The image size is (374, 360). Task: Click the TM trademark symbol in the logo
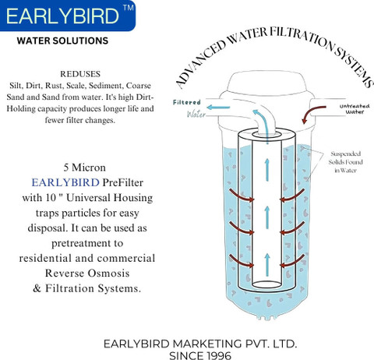pos(128,8)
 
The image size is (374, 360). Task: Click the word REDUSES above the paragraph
pos(80,74)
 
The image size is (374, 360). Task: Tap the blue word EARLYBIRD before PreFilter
pos(65,182)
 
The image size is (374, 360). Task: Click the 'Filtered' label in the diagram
pos(187,102)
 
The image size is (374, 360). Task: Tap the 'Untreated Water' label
pos(355,109)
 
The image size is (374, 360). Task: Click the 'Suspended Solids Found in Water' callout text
pos(345,162)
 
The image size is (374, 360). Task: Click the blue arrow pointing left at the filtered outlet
pos(218,107)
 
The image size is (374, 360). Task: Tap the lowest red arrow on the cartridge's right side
pos(292,261)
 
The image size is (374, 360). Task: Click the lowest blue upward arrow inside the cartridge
pos(267,264)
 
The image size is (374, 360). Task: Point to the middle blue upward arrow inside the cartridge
pos(267,217)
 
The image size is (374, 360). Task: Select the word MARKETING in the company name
pos(207,344)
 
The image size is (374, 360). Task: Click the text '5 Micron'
pos(85,168)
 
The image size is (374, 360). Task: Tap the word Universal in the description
pos(88,198)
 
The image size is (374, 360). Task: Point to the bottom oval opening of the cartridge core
pos(266,284)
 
